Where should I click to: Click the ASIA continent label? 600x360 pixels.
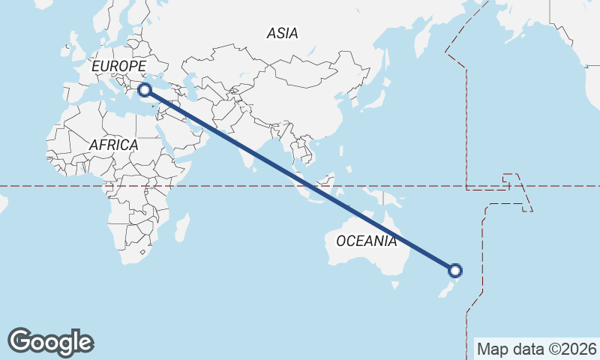(x=282, y=33)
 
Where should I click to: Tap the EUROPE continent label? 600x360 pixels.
(x=118, y=67)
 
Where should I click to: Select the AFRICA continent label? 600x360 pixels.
(x=113, y=145)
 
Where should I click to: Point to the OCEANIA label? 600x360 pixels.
(x=366, y=241)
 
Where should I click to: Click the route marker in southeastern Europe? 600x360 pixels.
(x=145, y=90)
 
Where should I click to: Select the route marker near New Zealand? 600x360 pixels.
(x=454, y=271)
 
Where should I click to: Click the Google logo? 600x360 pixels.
(x=50, y=342)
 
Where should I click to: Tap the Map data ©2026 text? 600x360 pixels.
(x=537, y=349)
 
